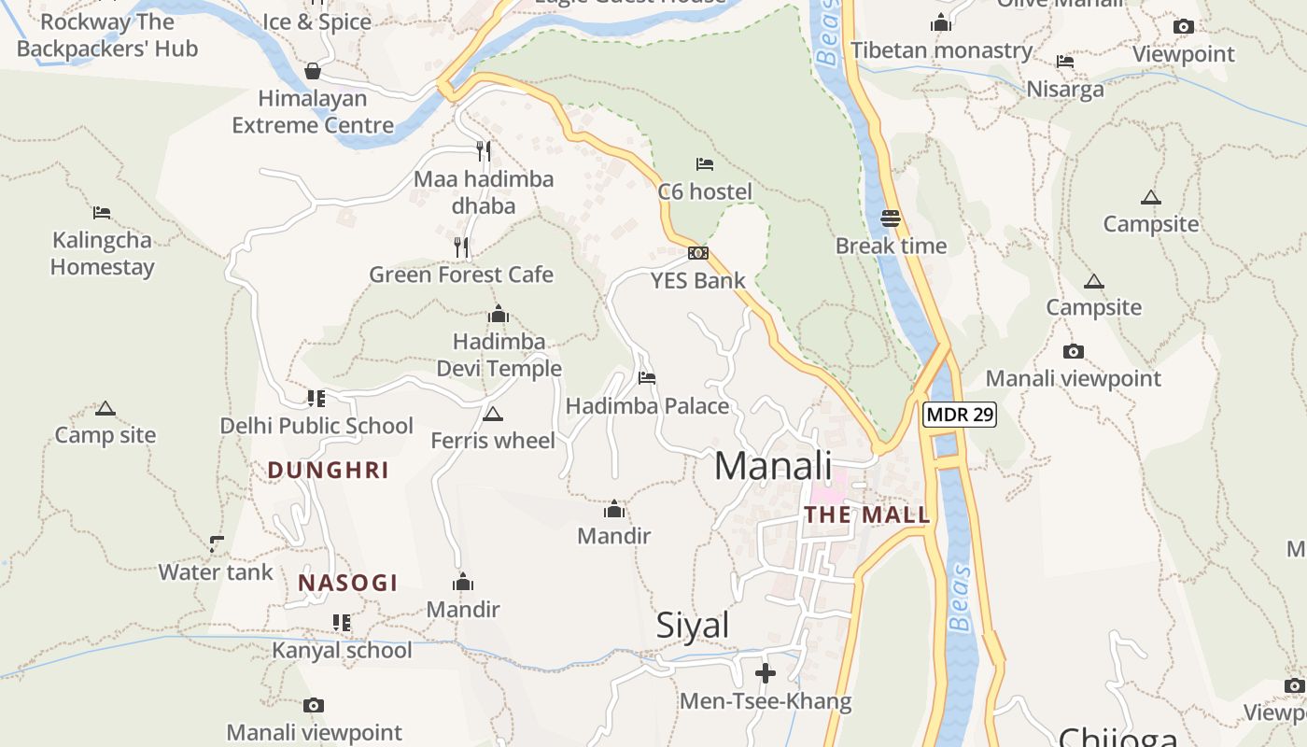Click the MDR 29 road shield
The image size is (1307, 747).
coord(960,414)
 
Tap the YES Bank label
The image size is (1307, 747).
coord(698,280)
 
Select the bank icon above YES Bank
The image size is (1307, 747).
coord(698,253)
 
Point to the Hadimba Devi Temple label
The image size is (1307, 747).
coord(499,355)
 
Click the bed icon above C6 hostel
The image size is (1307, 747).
coord(705,164)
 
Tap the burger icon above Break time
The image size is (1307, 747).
coord(891,218)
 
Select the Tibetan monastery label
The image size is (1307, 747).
coord(941,50)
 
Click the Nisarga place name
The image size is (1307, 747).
coord(1065,89)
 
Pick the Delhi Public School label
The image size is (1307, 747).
coord(316,426)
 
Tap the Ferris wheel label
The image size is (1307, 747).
coord(493,440)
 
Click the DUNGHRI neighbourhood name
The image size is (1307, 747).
coord(328,470)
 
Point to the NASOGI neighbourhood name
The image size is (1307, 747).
coord(348,583)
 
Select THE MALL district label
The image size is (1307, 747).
coord(867,514)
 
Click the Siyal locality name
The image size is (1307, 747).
coord(693,625)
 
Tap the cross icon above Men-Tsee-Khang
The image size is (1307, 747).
coord(766,673)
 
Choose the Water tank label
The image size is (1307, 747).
coord(216,571)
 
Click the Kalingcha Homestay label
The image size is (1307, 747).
coord(102,253)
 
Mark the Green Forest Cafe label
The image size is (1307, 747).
coord(461,275)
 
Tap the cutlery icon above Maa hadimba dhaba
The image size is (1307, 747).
coord(484,150)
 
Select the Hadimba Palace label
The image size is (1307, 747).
coord(647,406)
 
